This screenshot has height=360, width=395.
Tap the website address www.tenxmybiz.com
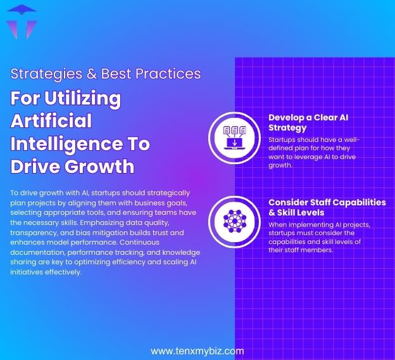click(x=197, y=350)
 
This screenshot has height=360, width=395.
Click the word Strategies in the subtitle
click(x=44, y=74)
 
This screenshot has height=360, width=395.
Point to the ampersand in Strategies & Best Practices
click(x=92, y=74)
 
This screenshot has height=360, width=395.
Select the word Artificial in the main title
click(x=51, y=120)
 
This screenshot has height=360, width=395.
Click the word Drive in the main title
click(x=34, y=166)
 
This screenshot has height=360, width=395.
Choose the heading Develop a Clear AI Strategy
click(x=308, y=122)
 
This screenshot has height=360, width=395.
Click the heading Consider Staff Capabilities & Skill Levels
click(x=327, y=207)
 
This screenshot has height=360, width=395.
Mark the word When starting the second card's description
click(x=280, y=224)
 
